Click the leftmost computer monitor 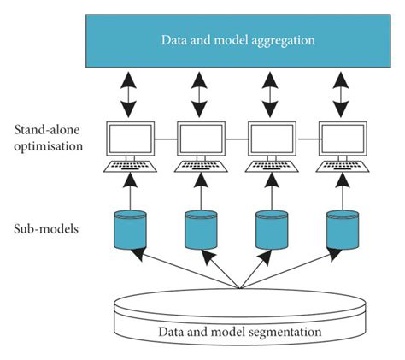pos(130,137)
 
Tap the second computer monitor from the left pos(201,137)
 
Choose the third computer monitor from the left pos(272,137)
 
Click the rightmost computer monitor pos(343,137)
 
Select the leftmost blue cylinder pos(130,228)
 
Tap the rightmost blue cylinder pos(343,228)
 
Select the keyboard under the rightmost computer pos(343,165)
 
